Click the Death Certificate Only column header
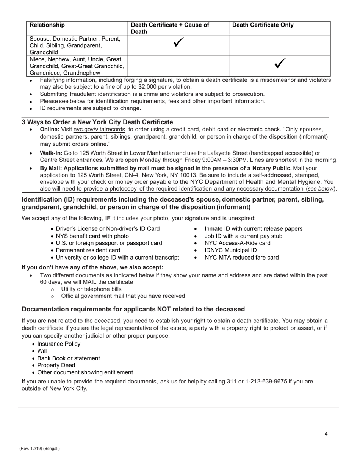click(263, 25)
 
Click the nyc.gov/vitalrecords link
click(99, 129)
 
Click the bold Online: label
click(50, 129)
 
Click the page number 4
click(326, 434)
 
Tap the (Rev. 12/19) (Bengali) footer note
click(40, 449)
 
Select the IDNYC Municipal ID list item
click(230, 250)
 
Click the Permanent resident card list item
click(88, 250)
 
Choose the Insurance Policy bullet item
click(59, 344)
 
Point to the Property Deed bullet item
click(56, 366)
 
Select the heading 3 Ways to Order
click(97, 122)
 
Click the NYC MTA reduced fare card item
click(241, 258)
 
